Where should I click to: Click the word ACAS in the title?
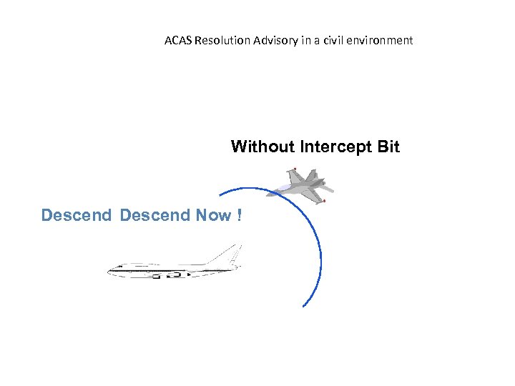[x=177, y=41]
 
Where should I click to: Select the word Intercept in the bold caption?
[x=333, y=147]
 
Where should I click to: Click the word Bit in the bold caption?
[x=387, y=147]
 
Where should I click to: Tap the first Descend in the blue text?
[x=77, y=214]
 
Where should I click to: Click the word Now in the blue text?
[x=212, y=214]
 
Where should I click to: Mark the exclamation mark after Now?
[x=238, y=214]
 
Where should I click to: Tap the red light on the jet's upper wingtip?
[x=295, y=169]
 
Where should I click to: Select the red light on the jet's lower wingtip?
[x=324, y=202]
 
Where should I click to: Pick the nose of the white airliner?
[x=110, y=270]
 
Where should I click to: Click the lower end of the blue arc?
[x=304, y=306]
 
